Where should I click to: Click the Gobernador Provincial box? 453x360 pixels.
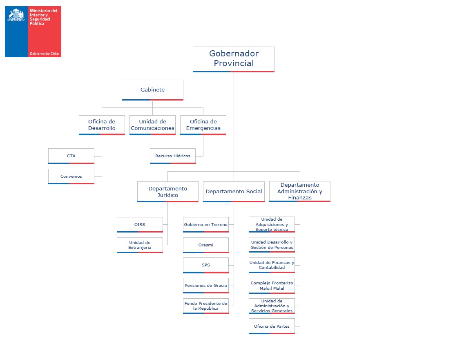pos(233,59)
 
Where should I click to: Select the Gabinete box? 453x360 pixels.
pos(152,90)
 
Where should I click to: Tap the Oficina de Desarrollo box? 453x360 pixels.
pos(102,125)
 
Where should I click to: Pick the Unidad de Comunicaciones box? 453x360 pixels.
pos(152,125)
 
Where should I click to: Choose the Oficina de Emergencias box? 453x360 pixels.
pos(203,125)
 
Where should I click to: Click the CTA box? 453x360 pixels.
pos(71,156)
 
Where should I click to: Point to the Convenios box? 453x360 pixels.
pos(71,176)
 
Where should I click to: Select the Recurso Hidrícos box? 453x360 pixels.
pos(173,156)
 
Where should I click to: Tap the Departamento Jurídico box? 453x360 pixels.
pos(168,192)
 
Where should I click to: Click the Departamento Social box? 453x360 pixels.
pos(234,192)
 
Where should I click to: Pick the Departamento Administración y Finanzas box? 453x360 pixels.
pos(299,191)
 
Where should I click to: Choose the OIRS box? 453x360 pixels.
pos(140,224)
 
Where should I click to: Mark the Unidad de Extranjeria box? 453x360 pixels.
pos(140,245)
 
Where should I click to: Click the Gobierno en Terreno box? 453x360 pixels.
pos(206,224)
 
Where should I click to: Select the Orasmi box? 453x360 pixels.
pos(206,245)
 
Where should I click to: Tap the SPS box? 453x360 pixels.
pos(206,265)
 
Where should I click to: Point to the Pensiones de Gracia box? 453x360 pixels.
pos(206,286)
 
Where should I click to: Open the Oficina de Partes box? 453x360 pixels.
pos(272,326)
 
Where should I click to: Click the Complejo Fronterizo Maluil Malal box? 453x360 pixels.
pos(272,286)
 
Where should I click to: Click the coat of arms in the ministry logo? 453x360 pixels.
pos(16,15)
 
